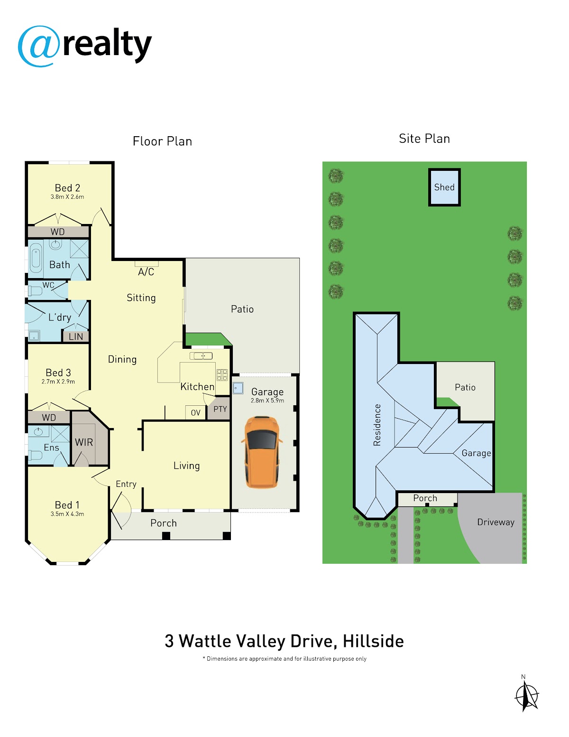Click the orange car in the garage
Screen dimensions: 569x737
(x=262, y=452)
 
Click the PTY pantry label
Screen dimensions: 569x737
(x=220, y=409)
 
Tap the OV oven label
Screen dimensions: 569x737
(x=195, y=413)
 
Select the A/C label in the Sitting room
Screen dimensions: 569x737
(x=146, y=271)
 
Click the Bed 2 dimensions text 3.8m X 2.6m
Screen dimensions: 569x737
(x=67, y=197)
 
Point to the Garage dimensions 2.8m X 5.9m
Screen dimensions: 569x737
(x=267, y=401)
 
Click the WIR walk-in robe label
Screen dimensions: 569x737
(x=84, y=442)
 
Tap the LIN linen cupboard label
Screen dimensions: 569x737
(x=75, y=336)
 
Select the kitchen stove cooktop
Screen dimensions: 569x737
(x=222, y=375)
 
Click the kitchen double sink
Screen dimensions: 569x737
(x=201, y=356)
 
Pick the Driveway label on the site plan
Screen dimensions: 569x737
(x=496, y=522)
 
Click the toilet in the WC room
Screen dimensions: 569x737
(x=35, y=291)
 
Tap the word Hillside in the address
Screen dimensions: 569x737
(x=373, y=641)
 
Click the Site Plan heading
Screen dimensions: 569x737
(x=424, y=139)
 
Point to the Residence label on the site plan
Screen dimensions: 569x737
(x=377, y=425)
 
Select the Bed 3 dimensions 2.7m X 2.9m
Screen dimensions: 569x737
(x=58, y=382)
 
